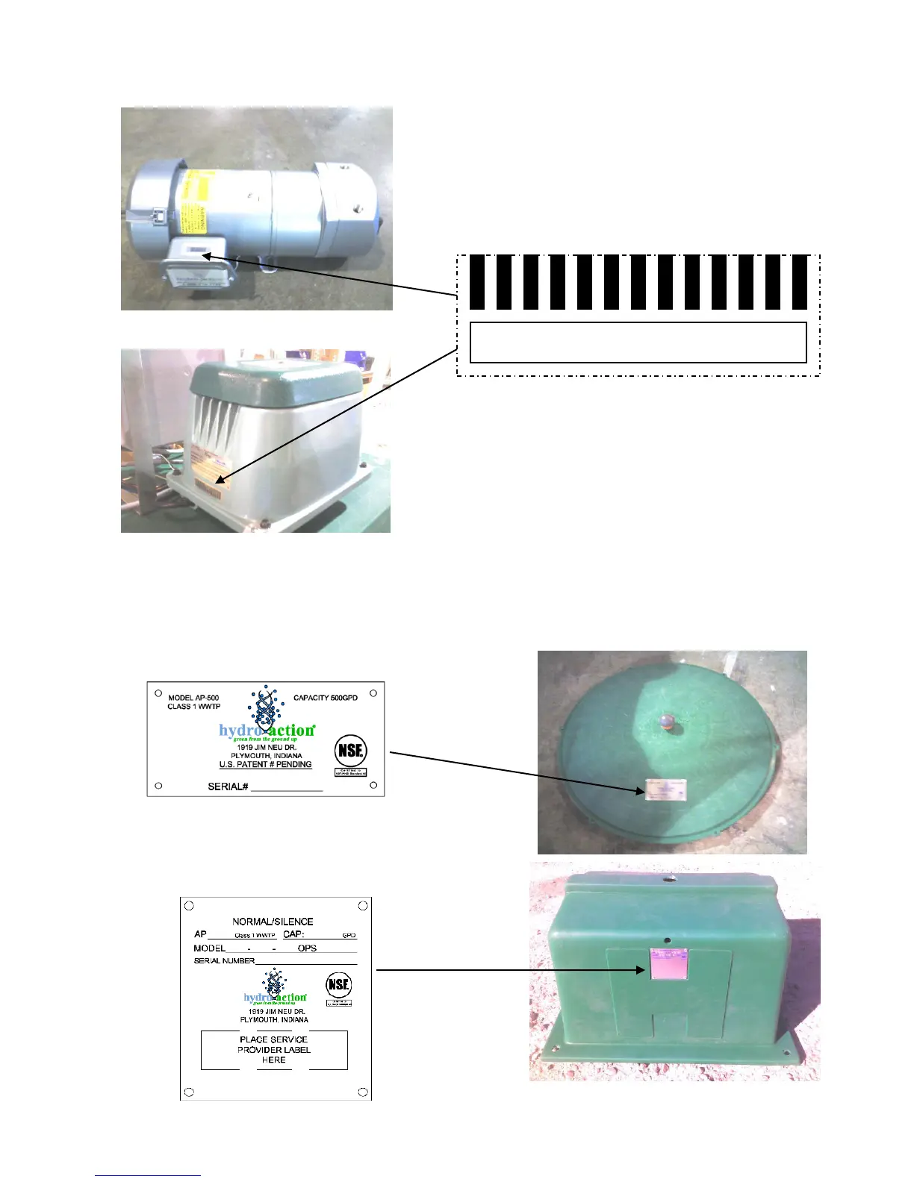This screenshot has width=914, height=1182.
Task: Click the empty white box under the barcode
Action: (x=638, y=343)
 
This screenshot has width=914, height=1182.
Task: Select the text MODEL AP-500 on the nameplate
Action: (x=193, y=698)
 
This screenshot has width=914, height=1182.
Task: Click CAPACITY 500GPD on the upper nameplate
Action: (x=325, y=698)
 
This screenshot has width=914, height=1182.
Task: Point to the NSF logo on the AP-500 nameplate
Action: (x=350, y=751)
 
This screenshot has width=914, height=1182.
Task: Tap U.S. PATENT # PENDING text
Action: (x=265, y=765)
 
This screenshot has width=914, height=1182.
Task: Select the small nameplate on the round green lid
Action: (x=666, y=788)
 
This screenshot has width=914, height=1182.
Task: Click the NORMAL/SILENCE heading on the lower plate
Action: (x=273, y=922)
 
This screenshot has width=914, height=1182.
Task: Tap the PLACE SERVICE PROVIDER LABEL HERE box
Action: (x=274, y=1050)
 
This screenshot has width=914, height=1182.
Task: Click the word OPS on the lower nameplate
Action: (x=307, y=948)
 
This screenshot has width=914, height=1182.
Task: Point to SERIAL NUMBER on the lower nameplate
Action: (x=224, y=961)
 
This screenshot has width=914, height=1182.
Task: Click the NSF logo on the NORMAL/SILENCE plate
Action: (x=338, y=985)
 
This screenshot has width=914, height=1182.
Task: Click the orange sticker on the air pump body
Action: (x=206, y=463)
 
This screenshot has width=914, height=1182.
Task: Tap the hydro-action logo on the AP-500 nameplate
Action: (x=266, y=731)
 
